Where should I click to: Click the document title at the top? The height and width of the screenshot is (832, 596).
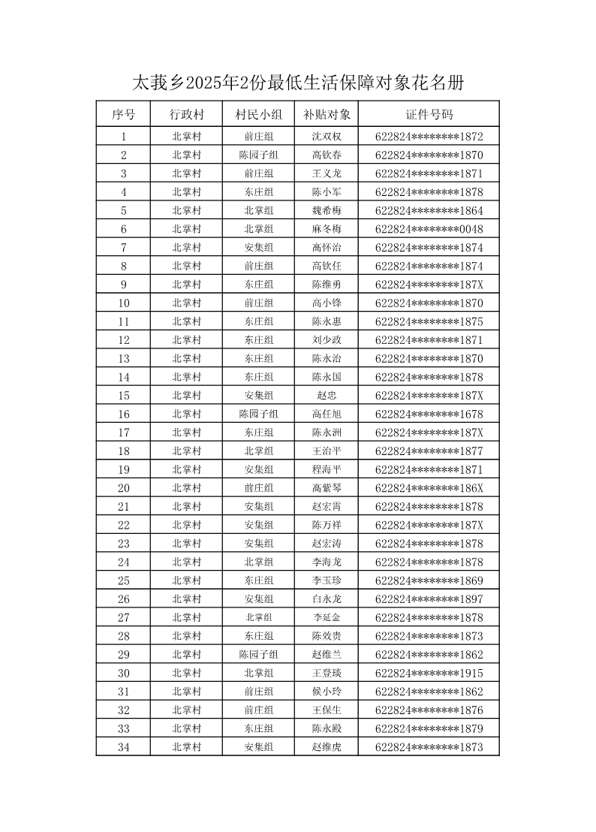[297, 83]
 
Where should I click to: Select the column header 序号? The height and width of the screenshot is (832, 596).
[123, 115]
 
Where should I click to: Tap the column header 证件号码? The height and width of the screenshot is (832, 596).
[429, 115]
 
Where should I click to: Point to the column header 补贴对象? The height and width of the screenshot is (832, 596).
[327, 115]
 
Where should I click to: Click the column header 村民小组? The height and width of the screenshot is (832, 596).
[258, 115]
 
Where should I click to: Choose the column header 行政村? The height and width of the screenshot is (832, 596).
[186, 115]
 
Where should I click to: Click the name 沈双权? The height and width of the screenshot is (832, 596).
[327, 137]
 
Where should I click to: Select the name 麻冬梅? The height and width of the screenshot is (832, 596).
[327, 229]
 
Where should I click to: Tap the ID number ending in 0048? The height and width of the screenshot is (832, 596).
[429, 229]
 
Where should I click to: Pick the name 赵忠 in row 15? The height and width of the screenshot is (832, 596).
[327, 396]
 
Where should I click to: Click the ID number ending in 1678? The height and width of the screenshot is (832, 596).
[429, 414]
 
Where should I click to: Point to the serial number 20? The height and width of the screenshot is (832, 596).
[123, 488]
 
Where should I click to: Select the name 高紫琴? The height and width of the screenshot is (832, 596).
[327, 488]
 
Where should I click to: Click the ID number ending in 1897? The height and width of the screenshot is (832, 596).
[429, 599]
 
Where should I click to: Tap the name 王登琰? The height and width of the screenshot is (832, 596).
[327, 673]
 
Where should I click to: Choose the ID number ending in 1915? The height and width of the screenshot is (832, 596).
[429, 673]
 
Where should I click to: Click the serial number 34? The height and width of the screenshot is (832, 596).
[123, 747]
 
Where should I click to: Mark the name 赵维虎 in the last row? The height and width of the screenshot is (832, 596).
[327, 747]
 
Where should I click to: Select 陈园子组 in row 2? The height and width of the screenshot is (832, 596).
[258, 155]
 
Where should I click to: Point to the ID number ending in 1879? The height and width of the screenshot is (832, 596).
[429, 728]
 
